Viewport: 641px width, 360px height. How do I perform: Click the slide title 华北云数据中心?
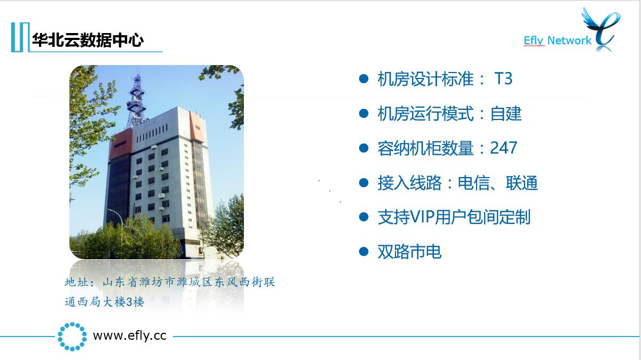(88, 40)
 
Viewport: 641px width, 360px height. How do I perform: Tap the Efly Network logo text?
(557, 41)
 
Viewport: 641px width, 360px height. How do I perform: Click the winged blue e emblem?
(600, 29)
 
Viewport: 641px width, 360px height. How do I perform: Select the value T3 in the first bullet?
(503, 78)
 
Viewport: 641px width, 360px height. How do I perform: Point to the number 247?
(504, 148)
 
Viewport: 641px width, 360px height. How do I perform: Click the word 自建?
(506, 114)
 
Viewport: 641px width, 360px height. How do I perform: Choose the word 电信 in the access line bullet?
(473, 183)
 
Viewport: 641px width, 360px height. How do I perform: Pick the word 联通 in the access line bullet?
(521, 183)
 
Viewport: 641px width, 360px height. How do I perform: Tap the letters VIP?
(422, 217)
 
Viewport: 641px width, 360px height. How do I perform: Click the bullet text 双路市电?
(409, 252)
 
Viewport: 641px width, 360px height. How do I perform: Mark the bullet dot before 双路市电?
(363, 252)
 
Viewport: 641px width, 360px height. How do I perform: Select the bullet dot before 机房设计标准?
(363, 78)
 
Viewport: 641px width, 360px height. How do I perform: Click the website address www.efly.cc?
(130, 335)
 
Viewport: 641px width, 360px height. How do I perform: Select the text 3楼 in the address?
(135, 302)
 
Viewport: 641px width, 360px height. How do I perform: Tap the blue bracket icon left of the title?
(20, 37)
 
